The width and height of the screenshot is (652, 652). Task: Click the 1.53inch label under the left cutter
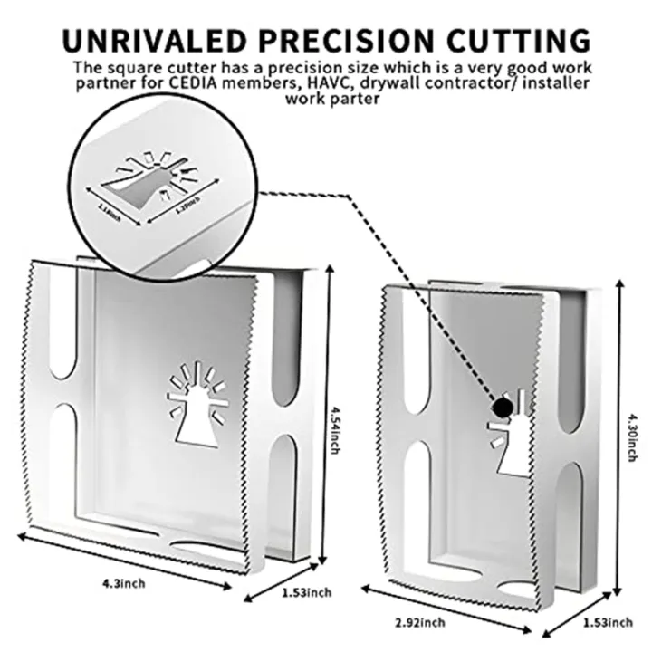point(305,592)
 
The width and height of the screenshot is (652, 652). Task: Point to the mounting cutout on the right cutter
point(511,444)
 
